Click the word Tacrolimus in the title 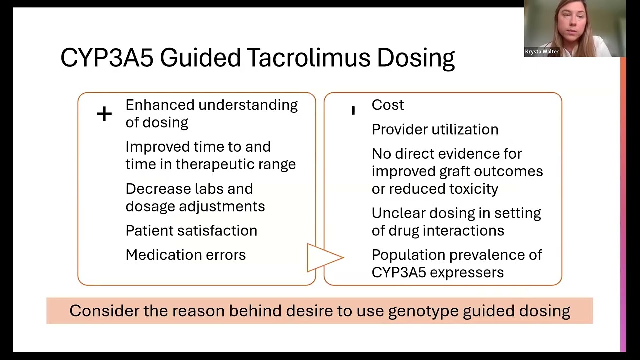pos(307,58)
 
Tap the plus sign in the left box pos(104,114)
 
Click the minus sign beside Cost pos(353,110)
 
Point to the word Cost pos(388,105)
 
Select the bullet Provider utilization pos(435,130)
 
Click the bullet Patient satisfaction pos(191,231)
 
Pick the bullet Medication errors pos(186,255)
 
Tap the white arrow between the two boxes pos(323,258)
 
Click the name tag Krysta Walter pos(542,52)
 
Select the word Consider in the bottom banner pos(104,311)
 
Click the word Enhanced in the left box pos(160,105)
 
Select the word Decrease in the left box pos(155,189)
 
